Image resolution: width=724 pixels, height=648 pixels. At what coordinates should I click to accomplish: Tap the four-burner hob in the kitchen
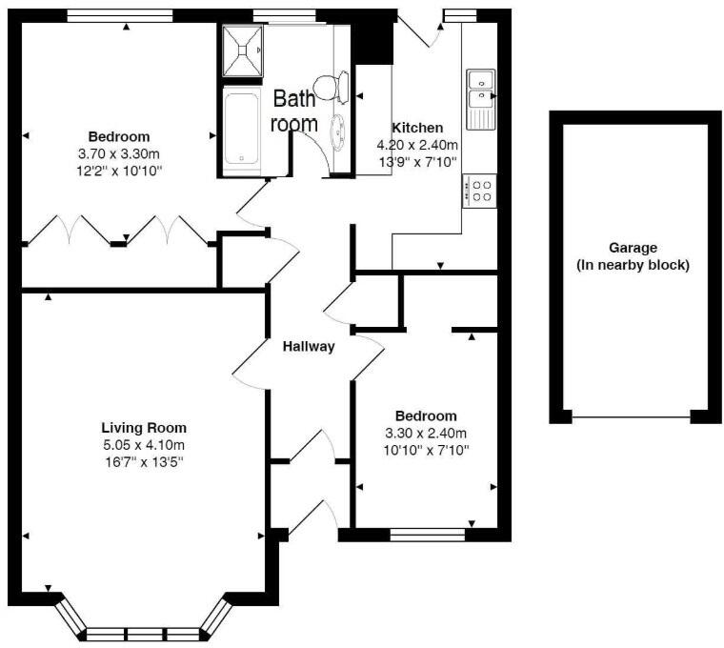coord(479,191)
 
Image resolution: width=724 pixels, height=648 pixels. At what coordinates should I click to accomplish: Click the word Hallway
coord(309,347)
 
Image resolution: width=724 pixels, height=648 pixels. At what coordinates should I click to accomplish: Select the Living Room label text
coord(144,428)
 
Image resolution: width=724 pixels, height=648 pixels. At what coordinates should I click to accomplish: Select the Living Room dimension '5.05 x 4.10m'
coord(144,444)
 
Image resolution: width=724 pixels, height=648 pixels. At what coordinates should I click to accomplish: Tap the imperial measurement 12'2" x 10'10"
coord(119,171)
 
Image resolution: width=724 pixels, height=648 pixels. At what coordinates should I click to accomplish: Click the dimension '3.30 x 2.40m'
coord(425,433)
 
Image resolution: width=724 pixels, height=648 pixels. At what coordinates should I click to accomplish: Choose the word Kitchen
coord(417,128)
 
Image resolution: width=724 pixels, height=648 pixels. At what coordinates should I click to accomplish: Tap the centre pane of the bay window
coord(145,633)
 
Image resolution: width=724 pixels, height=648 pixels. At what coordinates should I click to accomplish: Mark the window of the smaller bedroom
coord(428,535)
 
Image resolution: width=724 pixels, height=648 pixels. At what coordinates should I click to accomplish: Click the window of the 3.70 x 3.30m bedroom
coord(120,15)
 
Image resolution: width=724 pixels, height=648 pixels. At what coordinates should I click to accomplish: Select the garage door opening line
coord(632,417)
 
